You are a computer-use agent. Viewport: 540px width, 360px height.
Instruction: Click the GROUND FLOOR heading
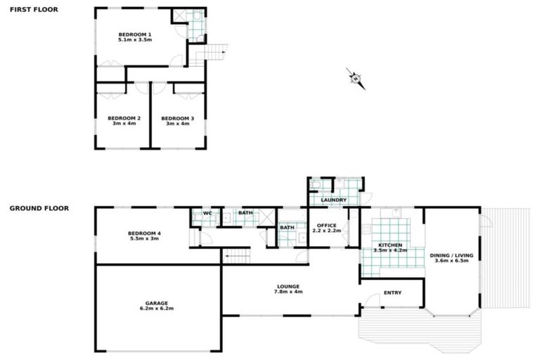[39, 208]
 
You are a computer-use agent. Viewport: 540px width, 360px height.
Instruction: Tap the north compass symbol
[356, 78]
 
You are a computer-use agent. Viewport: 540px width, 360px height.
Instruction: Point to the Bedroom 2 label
[124, 118]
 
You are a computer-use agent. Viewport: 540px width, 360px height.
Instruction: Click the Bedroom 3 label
[177, 118]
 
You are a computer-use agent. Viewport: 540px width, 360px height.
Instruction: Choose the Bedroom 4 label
[144, 233]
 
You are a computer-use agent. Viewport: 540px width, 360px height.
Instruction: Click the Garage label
[156, 303]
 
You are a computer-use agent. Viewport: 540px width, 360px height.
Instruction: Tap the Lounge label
[288, 286]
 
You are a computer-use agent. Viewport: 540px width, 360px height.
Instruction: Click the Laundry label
[333, 200]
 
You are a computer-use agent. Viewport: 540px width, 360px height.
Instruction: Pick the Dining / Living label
[452, 255]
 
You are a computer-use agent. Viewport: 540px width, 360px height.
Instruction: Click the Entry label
[392, 293]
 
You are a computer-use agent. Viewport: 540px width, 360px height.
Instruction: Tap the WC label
[207, 212]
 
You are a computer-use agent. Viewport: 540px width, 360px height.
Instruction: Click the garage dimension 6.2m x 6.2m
[156, 309]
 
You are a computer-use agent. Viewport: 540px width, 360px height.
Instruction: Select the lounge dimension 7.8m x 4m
[288, 292]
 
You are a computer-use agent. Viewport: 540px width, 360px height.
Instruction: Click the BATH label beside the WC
[245, 212]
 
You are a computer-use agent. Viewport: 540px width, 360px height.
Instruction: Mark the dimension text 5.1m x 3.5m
[135, 40]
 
